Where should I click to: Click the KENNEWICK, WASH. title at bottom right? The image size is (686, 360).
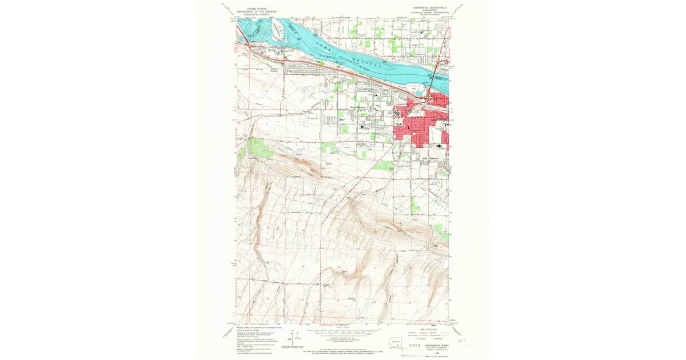click(432, 345)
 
